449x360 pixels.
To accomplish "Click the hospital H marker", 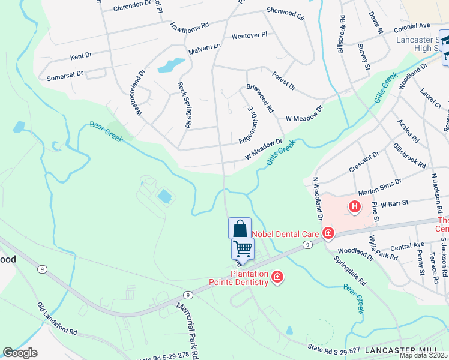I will click(355, 208).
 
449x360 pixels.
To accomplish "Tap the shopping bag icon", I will click(240, 229).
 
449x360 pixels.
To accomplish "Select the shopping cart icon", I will click(243, 247).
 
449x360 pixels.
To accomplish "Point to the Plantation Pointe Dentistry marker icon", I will click(277, 277).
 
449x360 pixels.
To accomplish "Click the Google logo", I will click(20, 353).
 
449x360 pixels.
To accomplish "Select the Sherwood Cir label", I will click(286, 14).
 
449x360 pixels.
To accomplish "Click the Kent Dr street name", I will click(80, 56).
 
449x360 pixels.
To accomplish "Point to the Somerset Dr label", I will click(65, 74).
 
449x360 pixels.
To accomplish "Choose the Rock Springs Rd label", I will click(184, 105).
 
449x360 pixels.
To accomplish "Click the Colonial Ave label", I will click(412, 27).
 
